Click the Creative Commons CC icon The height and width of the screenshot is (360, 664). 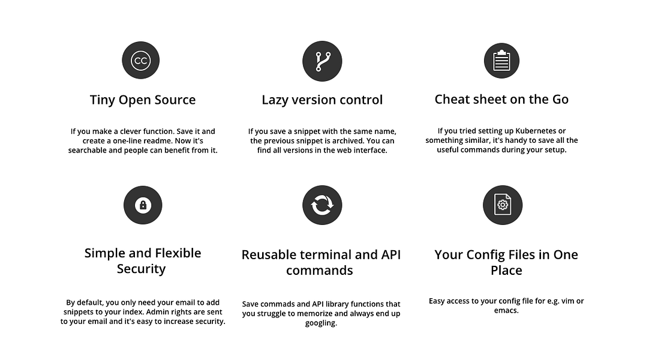tap(140, 60)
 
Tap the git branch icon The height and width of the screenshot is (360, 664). tap(322, 61)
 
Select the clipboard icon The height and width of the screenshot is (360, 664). tap(502, 61)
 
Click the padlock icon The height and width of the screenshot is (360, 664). tap(143, 205)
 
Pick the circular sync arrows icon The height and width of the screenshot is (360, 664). tap(322, 205)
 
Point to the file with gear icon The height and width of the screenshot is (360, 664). tap(503, 205)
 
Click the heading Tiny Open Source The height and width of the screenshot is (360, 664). tap(143, 100)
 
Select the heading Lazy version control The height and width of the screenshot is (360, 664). tap(322, 100)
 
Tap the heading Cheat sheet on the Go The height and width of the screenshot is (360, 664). tap(502, 100)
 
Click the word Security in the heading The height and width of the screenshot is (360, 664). tap(142, 269)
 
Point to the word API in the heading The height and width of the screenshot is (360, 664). tap(391, 254)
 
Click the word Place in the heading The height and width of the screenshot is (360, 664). tap(506, 270)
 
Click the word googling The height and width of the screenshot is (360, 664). tap(321, 323)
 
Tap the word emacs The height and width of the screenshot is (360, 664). tap(506, 310)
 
